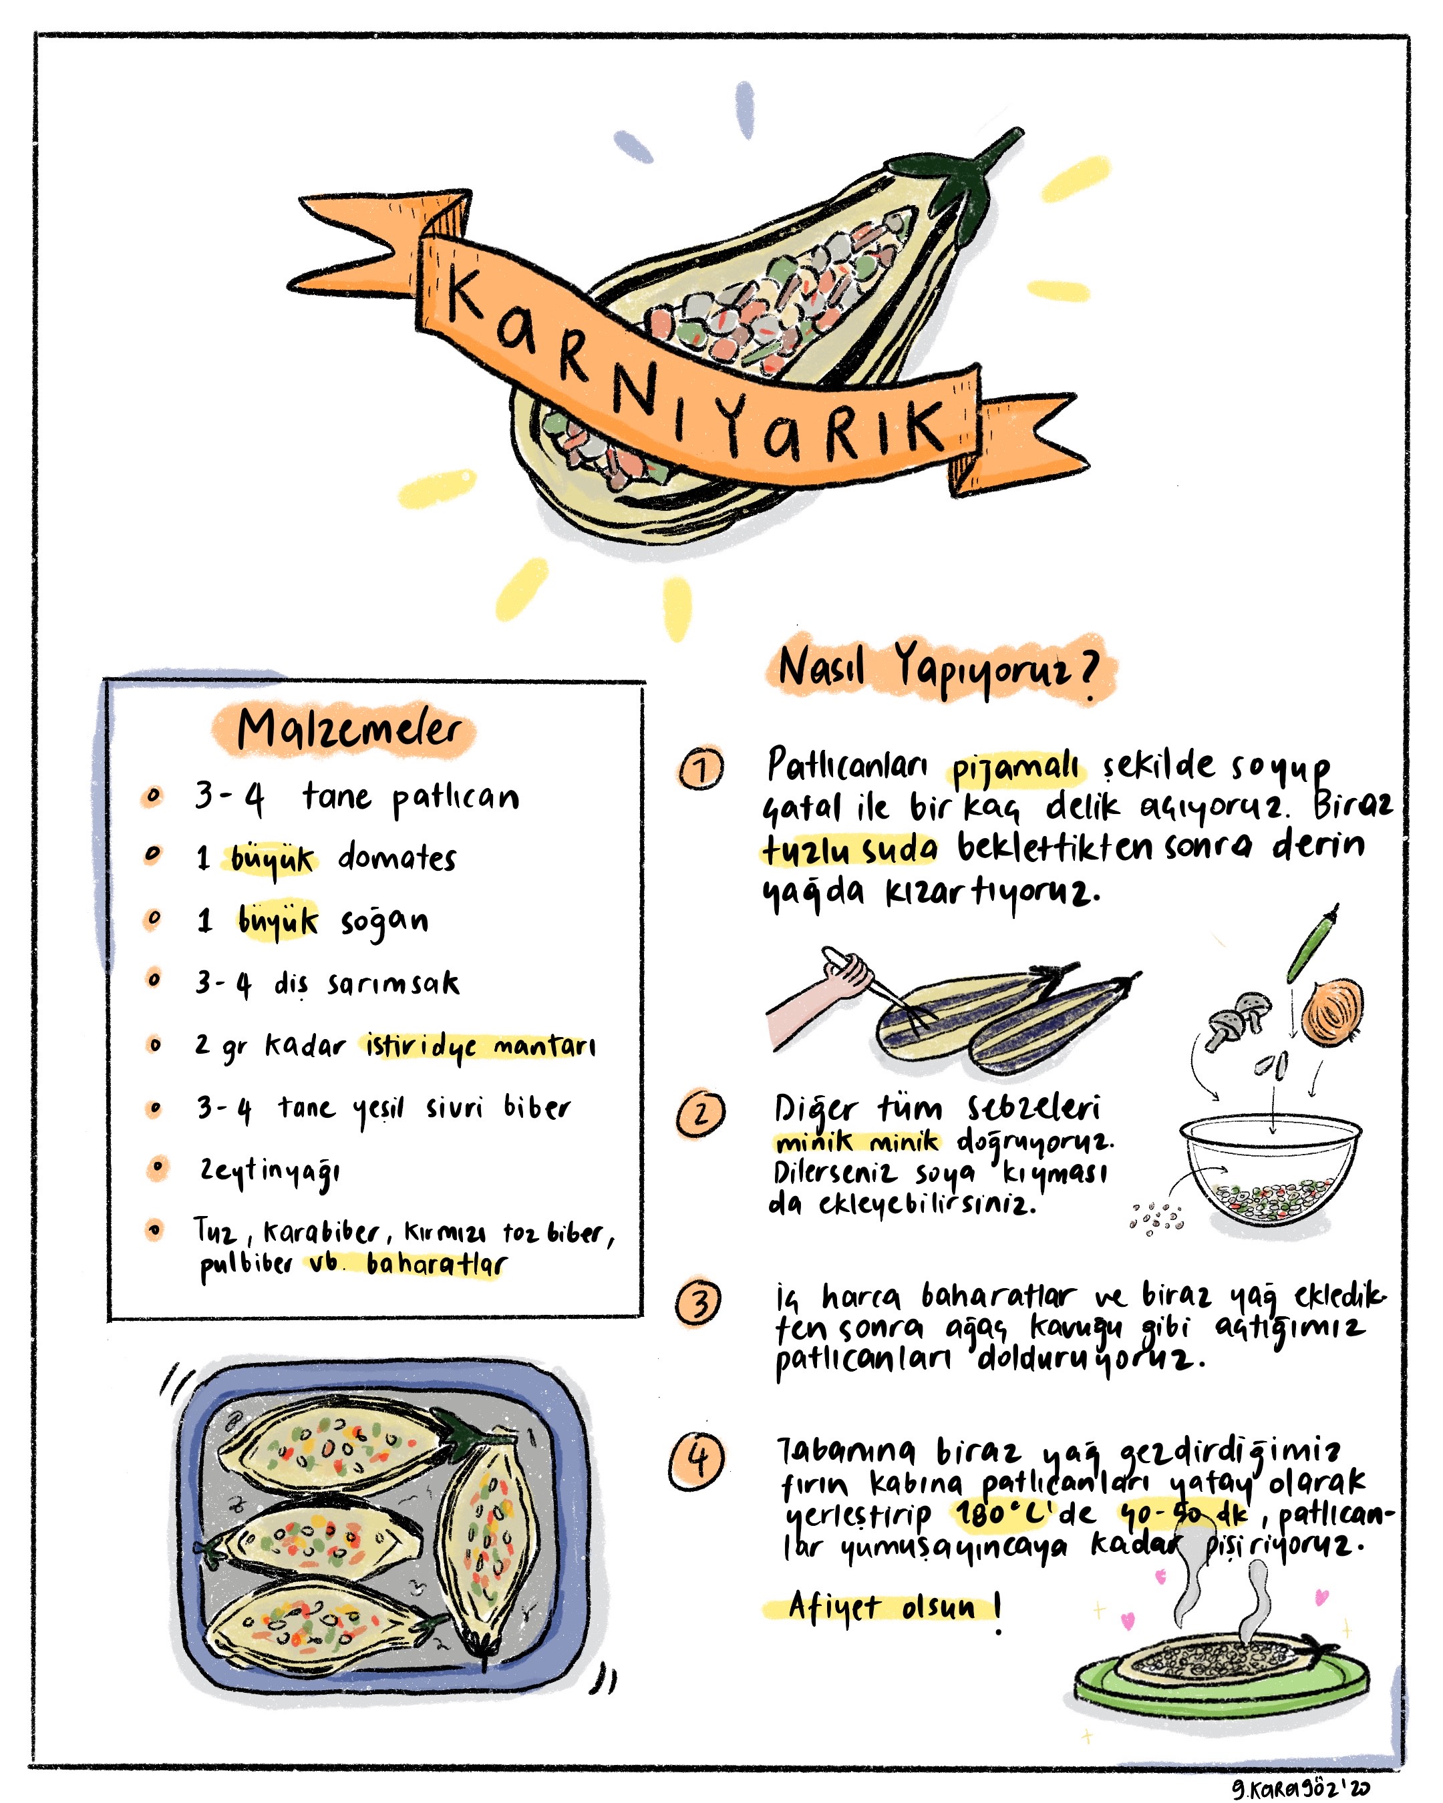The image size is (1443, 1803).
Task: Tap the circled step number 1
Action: [x=701, y=768]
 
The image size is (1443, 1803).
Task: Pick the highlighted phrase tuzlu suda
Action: [x=849, y=849]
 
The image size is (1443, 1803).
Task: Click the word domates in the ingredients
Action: [x=397, y=857]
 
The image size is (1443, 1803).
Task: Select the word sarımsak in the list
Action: [x=393, y=984]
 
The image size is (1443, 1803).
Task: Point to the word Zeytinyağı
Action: [x=269, y=1170]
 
